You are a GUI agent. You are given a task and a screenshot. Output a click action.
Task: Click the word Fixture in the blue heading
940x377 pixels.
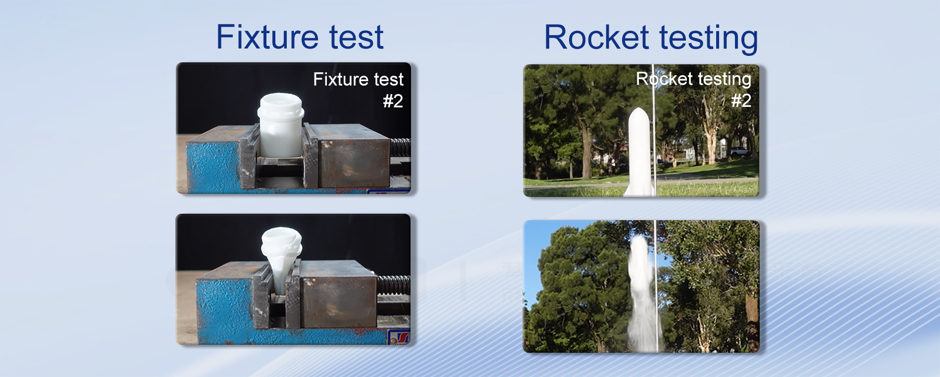point(267,37)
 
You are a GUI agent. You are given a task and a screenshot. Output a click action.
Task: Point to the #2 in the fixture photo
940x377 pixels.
point(393,101)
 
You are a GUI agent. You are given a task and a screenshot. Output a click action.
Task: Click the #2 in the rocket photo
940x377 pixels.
point(741,100)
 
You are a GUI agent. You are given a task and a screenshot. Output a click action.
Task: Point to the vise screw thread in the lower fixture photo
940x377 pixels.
point(394,286)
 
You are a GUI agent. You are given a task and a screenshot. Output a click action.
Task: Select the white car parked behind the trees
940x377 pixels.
point(738,151)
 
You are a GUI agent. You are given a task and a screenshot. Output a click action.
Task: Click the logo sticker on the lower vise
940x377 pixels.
point(399,337)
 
